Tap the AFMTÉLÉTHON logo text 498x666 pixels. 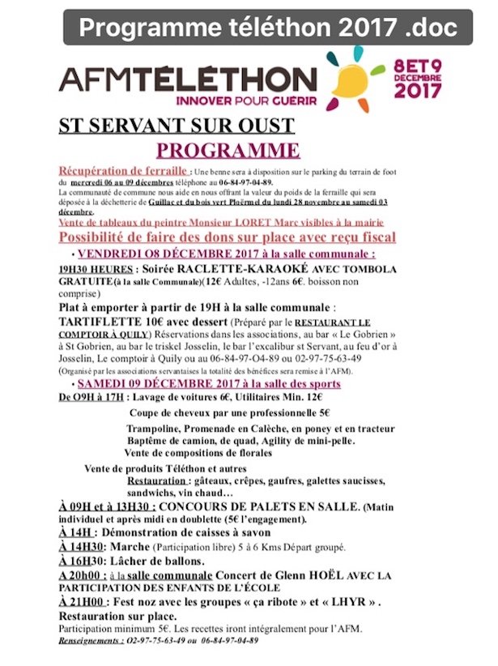pyautogui.click(x=177, y=79)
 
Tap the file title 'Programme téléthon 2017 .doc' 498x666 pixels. pyautogui.click(x=268, y=28)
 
